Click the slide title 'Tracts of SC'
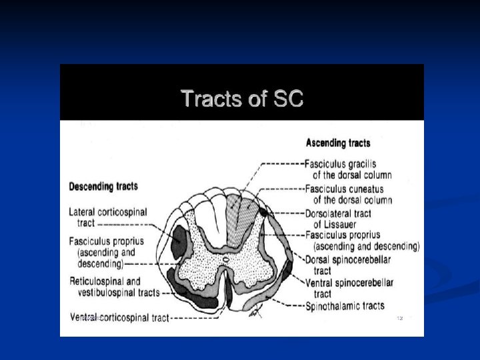tap(242, 99)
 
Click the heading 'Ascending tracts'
tap(337, 143)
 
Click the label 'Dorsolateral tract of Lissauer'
tap(337, 219)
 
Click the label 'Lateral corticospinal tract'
tap(107, 217)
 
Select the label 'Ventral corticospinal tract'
tap(119, 317)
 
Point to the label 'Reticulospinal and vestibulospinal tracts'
tap(114, 287)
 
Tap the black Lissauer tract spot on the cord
tap(264, 212)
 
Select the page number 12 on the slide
tap(400, 317)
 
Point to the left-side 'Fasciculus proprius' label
tap(106, 241)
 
